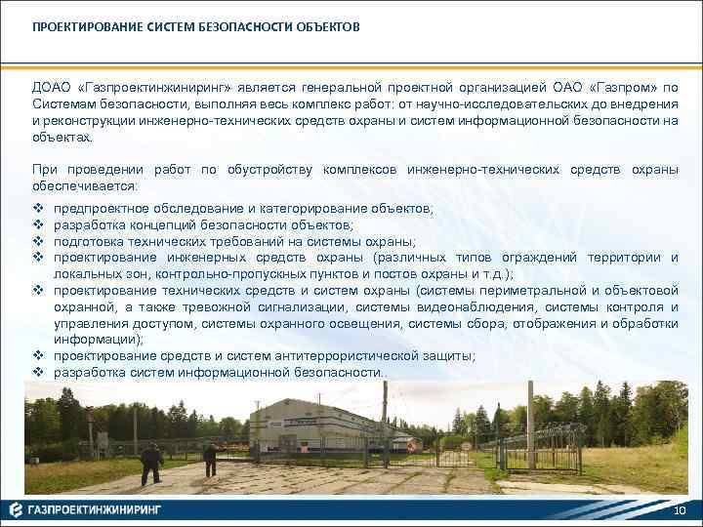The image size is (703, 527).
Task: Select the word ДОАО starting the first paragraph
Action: pos(51,88)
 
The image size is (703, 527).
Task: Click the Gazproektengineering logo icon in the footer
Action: pos(17,509)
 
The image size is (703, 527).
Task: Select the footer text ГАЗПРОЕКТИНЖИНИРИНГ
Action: pos(94,509)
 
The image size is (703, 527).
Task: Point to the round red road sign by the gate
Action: pos(467,446)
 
